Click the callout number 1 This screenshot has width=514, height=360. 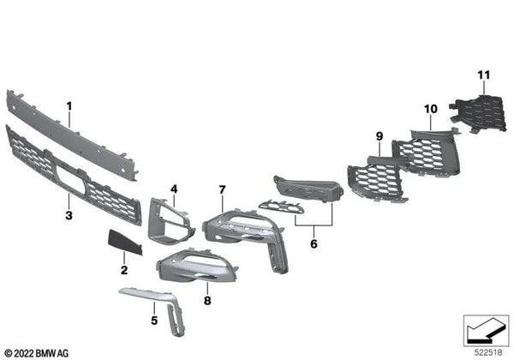pyautogui.click(x=70, y=109)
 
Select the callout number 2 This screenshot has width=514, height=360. pyautogui.click(x=123, y=271)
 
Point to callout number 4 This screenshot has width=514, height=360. pyautogui.click(x=173, y=189)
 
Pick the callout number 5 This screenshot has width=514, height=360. pyautogui.click(x=154, y=321)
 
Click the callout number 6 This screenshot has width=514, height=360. pyautogui.click(x=314, y=244)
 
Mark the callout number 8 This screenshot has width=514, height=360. pyautogui.click(x=206, y=300)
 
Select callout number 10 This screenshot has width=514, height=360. pyautogui.click(x=430, y=110)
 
